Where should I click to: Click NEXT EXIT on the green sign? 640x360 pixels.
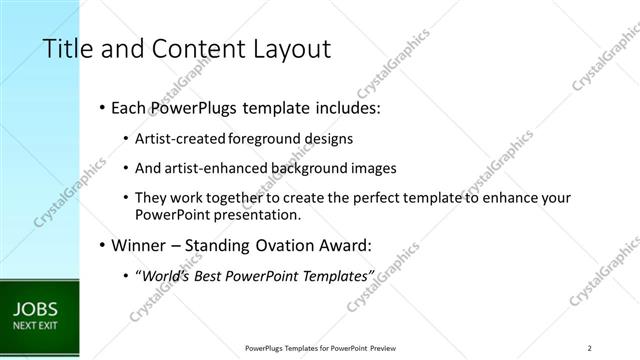coord(33,326)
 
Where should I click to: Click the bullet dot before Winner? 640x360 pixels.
coord(103,245)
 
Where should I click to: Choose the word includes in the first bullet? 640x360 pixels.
coord(344,107)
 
